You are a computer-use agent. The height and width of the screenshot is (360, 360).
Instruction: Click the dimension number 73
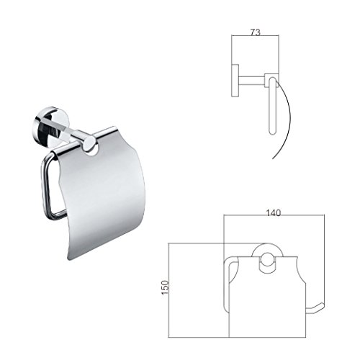256,32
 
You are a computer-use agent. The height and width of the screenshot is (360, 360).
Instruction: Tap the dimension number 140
274,212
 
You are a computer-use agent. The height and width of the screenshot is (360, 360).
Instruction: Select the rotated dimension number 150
166,287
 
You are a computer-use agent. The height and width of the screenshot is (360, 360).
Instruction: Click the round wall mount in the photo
45,126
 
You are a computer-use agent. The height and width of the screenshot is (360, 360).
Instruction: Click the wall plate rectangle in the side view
235,81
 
